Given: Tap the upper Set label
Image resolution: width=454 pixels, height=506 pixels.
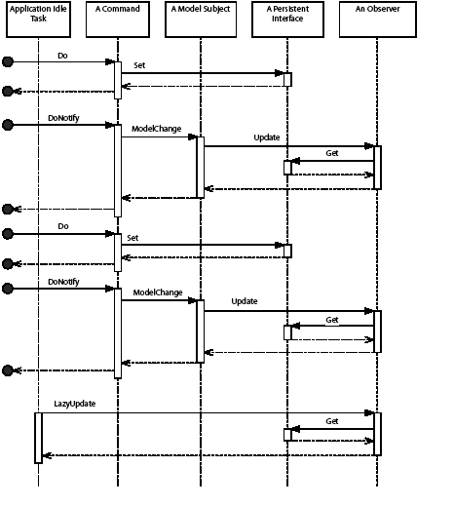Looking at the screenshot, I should [x=139, y=64].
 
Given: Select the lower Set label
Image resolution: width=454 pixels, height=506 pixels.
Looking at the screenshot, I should [x=132, y=236].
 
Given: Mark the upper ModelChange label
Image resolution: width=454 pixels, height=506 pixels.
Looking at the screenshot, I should [x=157, y=128].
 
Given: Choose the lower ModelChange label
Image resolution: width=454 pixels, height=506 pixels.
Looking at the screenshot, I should [x=157, y=292].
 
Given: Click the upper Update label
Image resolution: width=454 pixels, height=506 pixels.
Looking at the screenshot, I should [x=267, y=137].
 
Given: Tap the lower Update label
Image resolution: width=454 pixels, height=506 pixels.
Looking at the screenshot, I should [x=245, y=301].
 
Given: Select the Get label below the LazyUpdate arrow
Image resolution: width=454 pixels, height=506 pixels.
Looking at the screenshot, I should [x=331, y=421].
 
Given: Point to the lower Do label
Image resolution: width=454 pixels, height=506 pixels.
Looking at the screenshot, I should [x=62, y=225].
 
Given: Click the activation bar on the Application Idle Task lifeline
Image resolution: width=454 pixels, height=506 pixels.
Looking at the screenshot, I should [x=39, y=437].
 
